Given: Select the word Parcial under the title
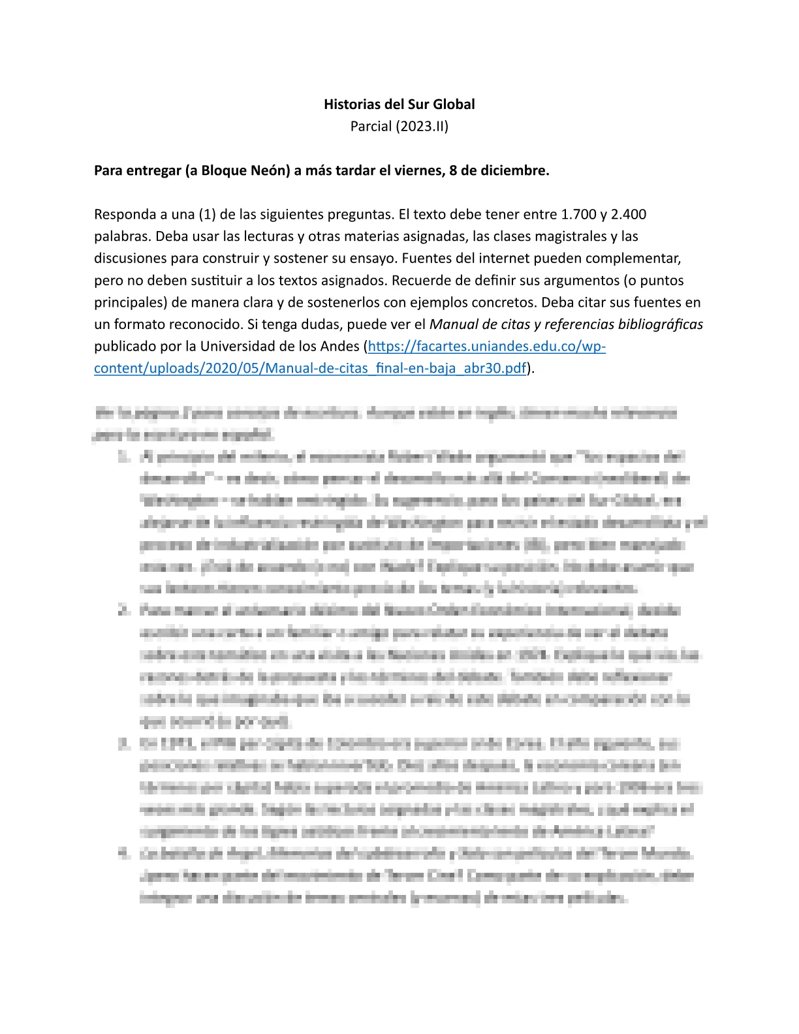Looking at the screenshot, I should (x=371, y=126).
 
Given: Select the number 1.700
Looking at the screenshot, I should (x=579, y=215).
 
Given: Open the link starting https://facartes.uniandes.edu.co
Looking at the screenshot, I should (x=486, y=347).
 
